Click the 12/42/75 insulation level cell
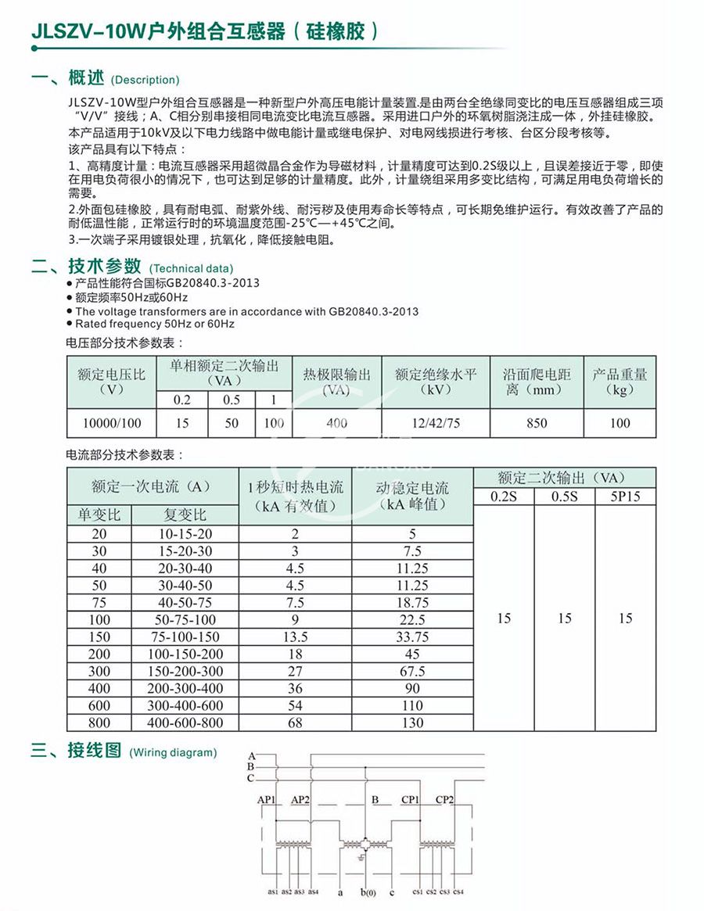[x=436, y=423]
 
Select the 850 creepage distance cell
[x=537, y=423]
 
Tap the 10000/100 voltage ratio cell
[x=112, y=423]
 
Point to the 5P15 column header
[x=625, y=497]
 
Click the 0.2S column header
[x=504, y=497]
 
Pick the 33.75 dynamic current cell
[x=412, y=637]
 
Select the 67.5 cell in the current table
[x=412, y=672]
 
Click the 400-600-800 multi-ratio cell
[x=185, y=723]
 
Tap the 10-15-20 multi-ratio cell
[x=185, y=533]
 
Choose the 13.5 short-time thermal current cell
[x=295, y=637]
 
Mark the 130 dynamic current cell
[x=412, y=723]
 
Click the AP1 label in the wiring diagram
[x=267, y=801]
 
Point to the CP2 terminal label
[x=445, y=800]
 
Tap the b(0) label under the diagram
[x=368, y=892]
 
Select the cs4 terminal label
[x=458, y=891]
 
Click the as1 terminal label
[x=274, y=891]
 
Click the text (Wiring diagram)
[x=173, y=753]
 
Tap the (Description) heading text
[x=145, y=80]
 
